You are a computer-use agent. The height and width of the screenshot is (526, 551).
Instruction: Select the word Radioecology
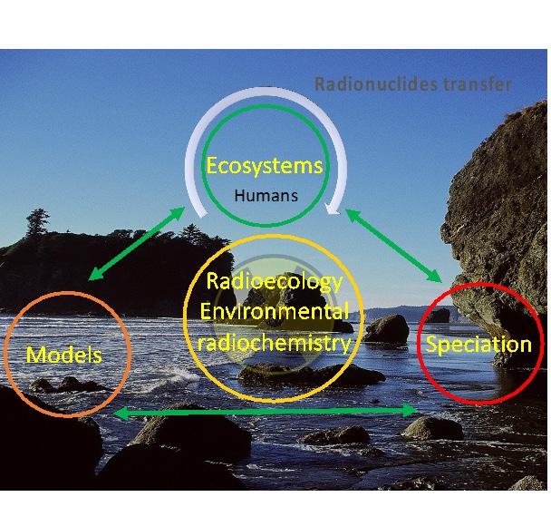(275, 281)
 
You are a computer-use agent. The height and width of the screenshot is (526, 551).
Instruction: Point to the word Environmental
(275, 312)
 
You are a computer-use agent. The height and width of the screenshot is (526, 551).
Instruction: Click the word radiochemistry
(275, 343)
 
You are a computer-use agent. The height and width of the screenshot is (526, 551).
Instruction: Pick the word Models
(64, 354)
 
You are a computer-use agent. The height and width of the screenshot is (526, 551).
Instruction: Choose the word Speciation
(478, 345)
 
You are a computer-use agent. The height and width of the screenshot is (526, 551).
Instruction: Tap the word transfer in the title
(476, 84)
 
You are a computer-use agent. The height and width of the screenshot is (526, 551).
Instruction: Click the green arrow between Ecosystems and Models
(133, 244)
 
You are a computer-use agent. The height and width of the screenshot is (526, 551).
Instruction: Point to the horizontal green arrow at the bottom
(268, 413)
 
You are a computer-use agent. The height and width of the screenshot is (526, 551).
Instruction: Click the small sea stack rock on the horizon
(440, 316)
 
